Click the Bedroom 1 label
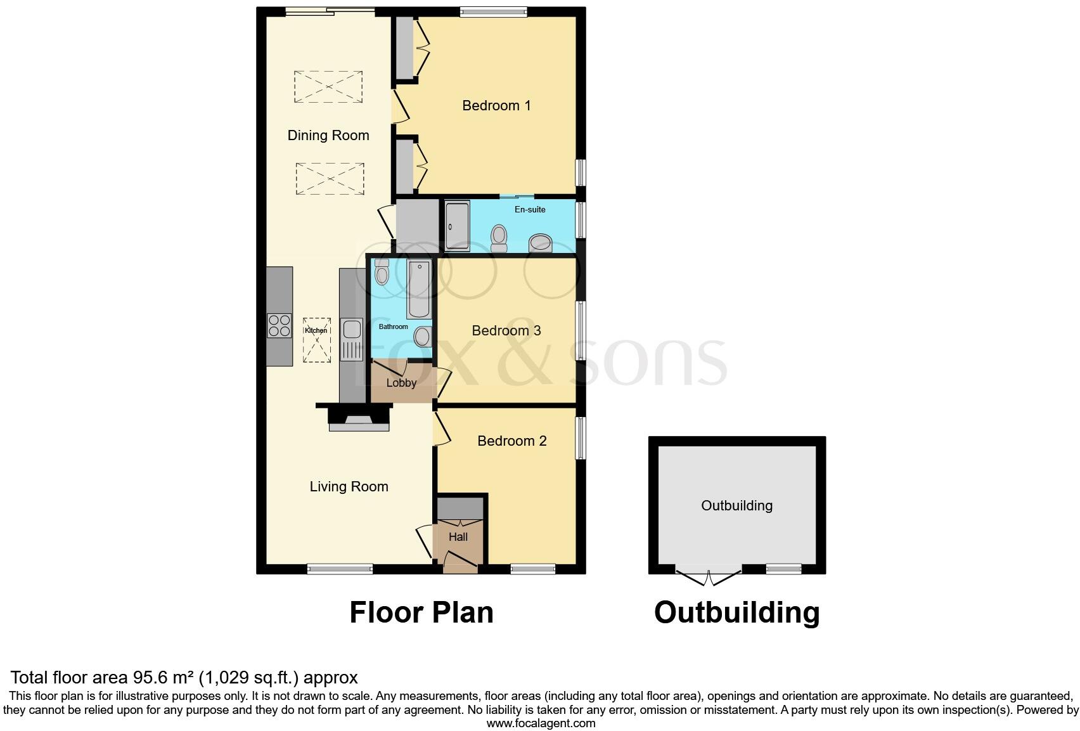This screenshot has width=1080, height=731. point(496,106)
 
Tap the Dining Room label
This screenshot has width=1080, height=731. point(328,135)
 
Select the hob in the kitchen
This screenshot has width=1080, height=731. point(280,326)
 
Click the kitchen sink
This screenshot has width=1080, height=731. point(351,330)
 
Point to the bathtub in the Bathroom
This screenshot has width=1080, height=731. point(419,289)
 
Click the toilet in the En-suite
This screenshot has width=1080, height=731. point(499,237)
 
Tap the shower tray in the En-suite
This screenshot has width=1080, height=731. point(456,226)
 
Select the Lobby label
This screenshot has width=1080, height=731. point(401,383)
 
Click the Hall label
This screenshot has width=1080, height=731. point(458,537)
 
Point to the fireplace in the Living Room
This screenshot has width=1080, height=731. point(359,419)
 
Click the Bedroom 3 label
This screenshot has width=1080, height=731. point(506,331)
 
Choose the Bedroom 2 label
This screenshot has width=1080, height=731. point(511,441)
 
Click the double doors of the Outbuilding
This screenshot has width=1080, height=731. point(709,576)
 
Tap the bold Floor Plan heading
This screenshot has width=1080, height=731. point(421,612)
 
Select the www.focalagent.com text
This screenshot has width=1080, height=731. point(540,723)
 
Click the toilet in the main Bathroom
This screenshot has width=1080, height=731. point(382,273)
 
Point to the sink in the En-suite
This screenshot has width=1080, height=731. point(540,243)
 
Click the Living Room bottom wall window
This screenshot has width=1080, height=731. point(340,569)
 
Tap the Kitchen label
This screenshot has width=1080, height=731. point(316,330)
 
